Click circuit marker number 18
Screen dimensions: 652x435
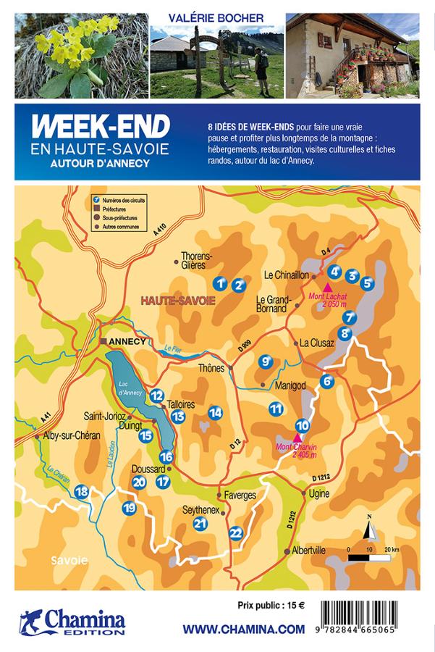click(x=82, y=492)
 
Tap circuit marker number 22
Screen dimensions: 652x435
click(x=236, y=532)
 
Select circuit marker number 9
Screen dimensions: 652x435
click(x=266, y=361)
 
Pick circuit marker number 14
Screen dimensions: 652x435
click(x=215, y=412)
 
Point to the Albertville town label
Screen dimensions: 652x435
click(x=308, y=551)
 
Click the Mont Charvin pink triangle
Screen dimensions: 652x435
click(x=297, y=437)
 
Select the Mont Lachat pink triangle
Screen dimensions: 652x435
click(x=327, y=287)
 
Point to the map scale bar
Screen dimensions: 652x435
click(x=369, y=557)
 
